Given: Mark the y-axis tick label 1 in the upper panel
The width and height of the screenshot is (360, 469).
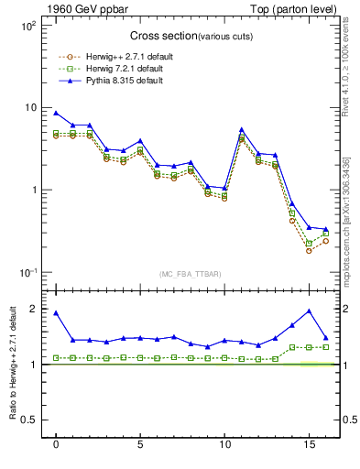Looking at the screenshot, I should [32, 191].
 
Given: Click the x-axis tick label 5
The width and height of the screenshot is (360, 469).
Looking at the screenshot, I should [140, 445].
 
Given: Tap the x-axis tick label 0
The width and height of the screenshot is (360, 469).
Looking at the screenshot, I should [56, 445].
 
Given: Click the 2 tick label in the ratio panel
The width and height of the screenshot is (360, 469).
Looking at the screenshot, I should [33, 310].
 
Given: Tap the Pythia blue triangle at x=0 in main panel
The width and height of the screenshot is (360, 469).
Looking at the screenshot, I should [56, 113].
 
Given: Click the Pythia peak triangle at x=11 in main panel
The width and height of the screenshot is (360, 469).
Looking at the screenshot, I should [241, 130].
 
